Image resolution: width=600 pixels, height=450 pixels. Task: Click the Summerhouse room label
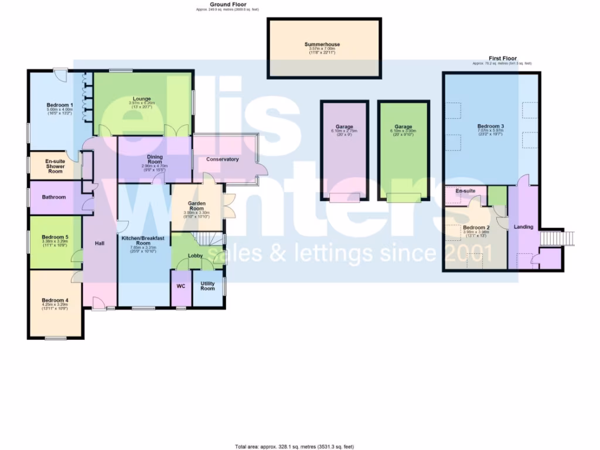click(x=322, y=45)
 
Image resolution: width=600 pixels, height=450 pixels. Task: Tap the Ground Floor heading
click(x=228, y=4)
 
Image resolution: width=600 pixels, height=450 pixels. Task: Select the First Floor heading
click(x=502, y=59)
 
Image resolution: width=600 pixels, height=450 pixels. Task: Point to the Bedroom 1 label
click(x=59, y=105)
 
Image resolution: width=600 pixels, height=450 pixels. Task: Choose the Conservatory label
click(x=223, y=159)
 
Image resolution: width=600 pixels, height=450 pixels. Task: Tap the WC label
click(x=180, y=287)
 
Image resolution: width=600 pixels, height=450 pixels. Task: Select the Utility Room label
click(x=207, y=285)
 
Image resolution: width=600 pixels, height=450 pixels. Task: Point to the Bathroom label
click(x=54, y=197)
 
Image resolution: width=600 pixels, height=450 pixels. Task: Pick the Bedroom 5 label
click(x=55, y=237)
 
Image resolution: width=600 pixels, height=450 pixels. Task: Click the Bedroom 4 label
click(x=55, y=300)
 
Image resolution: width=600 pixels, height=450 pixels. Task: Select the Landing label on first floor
click(x=523, y=227)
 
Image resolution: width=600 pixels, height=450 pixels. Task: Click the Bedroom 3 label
click(x=490, y=127)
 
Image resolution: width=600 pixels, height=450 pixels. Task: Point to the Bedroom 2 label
click(x=476, y=228)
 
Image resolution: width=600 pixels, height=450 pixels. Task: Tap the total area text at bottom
click(x=294, y=446)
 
